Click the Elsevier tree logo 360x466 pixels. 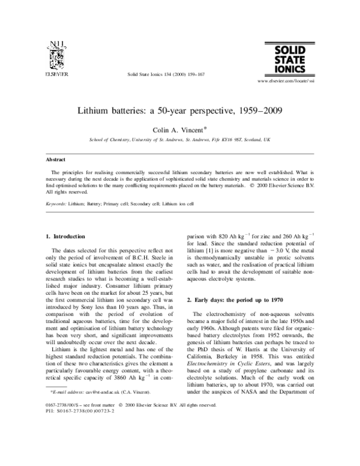click(56, 56)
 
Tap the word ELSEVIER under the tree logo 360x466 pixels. click(56, 76)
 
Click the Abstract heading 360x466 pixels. click(56, 160)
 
